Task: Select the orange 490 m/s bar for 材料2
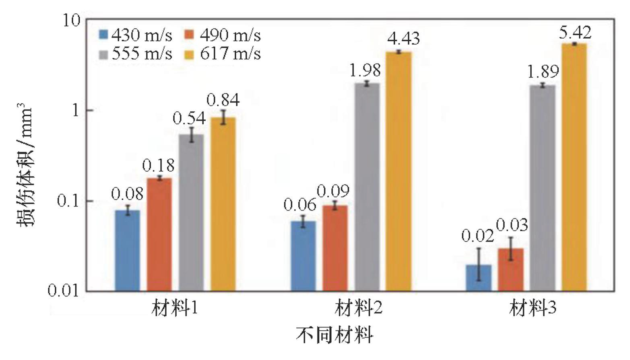[335, 248]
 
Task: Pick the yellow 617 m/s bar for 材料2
[399, 171]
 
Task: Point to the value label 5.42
[575, 32]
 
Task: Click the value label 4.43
[403, 39]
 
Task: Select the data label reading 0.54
[189, 118]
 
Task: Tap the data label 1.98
[365, 71]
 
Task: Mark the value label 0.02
[477, 236]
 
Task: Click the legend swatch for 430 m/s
[104, 35]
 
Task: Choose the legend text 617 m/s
[230, 53]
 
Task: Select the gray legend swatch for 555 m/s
[104, 54]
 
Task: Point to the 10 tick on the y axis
[72, 20]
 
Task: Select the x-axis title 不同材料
[334, 335]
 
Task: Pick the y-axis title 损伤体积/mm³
[24, 165]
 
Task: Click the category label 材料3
[532, 309]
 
